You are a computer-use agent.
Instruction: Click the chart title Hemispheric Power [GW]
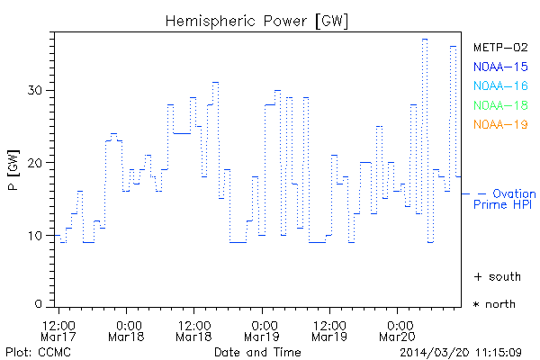click(x=257, y=20)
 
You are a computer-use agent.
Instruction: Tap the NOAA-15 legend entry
click(x=499, y=67)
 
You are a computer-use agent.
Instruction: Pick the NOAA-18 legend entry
click(x=499, y=105)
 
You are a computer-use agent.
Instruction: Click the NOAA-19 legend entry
click(x=499, y=124)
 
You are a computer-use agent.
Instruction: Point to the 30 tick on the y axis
click(x=34, y=90)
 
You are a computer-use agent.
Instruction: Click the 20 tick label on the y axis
click(x=34, y=163)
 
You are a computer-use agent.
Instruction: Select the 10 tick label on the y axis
click(x=34, y=236)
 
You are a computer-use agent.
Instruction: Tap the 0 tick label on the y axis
click(x=38, y=303)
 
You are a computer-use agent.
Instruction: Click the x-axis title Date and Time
click(x=256, y=351)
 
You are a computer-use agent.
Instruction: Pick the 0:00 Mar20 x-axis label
click(x=399, y=329)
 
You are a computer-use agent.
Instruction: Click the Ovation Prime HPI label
click(x=506, y=199)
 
